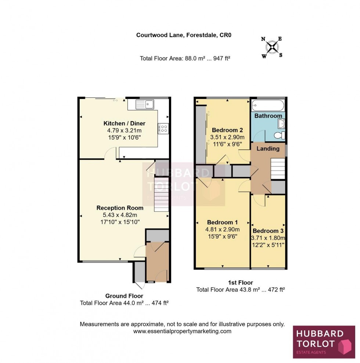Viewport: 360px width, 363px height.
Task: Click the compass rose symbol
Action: [272, 47]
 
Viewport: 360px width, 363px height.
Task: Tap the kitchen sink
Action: [144, 104]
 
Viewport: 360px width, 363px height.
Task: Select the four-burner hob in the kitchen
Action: [163, 128]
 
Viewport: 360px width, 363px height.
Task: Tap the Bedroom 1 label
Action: [222, 222]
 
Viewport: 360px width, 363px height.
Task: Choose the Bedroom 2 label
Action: [227, 130]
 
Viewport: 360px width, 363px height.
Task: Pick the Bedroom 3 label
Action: [268, 231]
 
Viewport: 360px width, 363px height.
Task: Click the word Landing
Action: [268, 149]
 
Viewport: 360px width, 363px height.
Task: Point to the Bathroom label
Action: [268, 116]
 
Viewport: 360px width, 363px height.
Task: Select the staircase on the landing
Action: [278, 168]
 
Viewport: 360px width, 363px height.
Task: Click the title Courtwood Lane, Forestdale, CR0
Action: [184, 35]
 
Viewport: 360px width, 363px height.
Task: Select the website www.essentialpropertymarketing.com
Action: [182, 331]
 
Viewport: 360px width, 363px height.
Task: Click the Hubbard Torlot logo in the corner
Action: [324, 342]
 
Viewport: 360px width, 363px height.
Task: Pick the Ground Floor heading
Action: [124, 296]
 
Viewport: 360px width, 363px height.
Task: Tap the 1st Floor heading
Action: [241, 282]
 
